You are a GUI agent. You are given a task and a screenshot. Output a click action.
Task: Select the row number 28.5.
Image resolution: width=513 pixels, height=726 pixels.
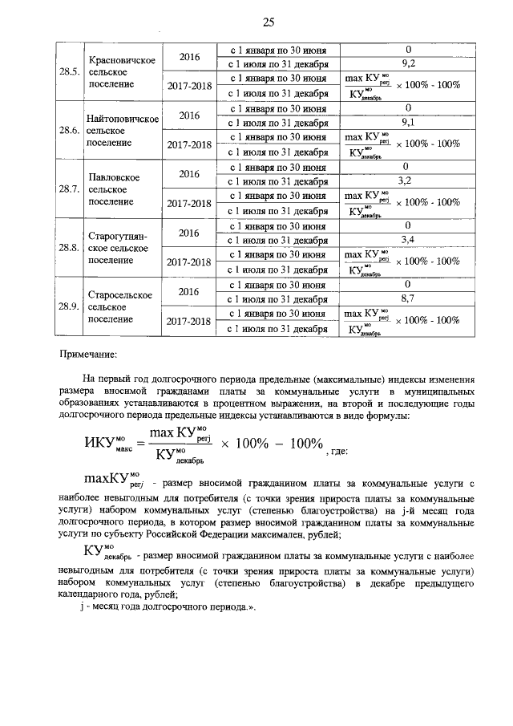(69, 71)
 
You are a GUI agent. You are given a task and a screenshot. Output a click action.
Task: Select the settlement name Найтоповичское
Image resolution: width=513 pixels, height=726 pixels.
(122, 119)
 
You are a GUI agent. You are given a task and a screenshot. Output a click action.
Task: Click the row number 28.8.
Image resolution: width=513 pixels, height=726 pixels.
(69, 248)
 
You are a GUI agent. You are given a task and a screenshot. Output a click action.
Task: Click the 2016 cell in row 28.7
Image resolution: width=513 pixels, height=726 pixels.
(189, 174)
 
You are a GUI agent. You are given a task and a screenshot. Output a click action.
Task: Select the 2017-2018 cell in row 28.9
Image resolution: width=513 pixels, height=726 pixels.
(189, 321)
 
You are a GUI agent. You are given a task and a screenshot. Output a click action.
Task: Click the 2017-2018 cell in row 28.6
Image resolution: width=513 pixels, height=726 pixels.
(189, 145)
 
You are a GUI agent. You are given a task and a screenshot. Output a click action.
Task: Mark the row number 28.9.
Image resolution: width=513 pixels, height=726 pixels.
(69, 306)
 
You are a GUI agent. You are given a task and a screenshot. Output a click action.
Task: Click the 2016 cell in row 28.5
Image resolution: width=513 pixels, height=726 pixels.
(189, 57)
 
